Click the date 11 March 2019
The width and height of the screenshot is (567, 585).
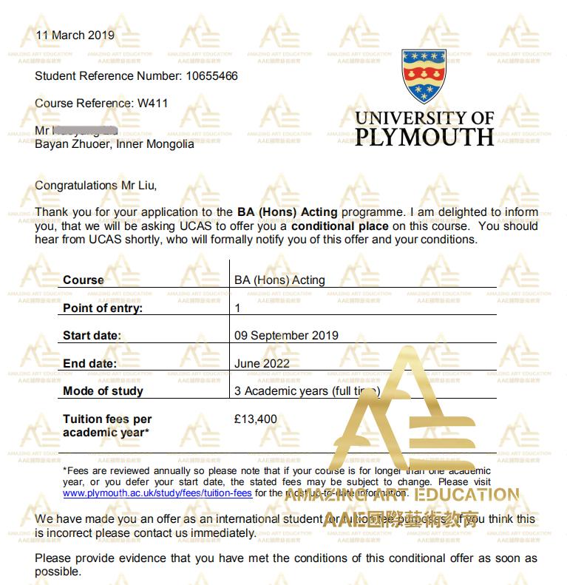(75, 35)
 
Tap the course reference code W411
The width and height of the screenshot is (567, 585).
(153, 104)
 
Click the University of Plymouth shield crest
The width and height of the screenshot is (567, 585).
(424, 77)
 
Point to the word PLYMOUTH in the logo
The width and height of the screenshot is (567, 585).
(424, 137)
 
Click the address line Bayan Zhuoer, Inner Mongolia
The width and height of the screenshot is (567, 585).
(115, 144)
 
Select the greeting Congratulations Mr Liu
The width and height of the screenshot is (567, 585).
(96, 186)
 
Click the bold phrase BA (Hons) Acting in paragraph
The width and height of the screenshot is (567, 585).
(287, 212)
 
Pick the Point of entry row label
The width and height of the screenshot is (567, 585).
(103, 308)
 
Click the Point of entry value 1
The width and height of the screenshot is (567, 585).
(237, 308)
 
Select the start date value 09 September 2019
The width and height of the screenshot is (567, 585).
(286, 336)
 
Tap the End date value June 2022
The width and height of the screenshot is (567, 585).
(262, 363)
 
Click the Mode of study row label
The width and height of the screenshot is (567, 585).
(103, 391)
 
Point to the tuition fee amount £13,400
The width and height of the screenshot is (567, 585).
(256, 419)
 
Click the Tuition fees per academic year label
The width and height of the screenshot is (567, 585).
(107, 426)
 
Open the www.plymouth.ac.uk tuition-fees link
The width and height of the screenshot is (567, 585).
(157, 493)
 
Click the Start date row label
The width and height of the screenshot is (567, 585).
(91, 336)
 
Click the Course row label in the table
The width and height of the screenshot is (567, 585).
(83, 280)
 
